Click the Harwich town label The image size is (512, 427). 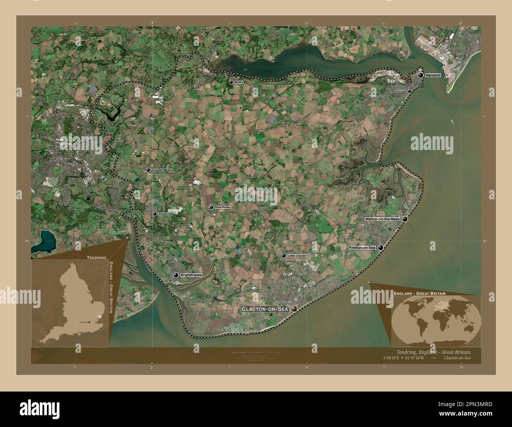[x=433, y=75]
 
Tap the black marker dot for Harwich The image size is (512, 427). [x=421, y=75]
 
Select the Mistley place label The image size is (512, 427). [x=239, y=82]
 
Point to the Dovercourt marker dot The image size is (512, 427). [x=410, y=91]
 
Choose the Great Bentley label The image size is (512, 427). [x=223, y=207]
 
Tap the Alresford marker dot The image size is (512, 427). [x=155, y=214]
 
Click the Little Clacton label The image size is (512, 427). [x=297, y=256]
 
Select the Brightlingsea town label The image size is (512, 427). [x=191, y=275]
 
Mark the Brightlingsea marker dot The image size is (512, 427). [x=176, y=275]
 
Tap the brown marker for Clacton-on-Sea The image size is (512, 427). [x=294, y=310]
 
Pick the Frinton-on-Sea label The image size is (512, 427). [x=362, y=247]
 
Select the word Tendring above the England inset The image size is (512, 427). [x=96, y=257]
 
